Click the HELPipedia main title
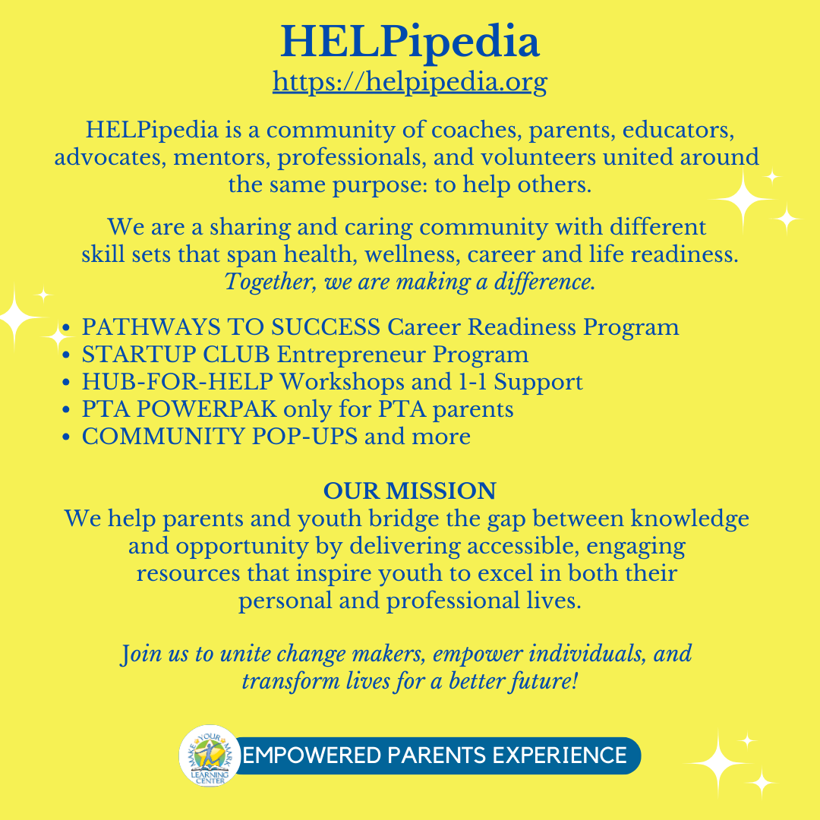pos(409,43)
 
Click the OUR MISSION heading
pos(409,490)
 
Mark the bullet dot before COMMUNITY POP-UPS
pos(67,437)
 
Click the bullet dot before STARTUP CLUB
pos(67,355)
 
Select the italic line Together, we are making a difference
pos(409,282)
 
